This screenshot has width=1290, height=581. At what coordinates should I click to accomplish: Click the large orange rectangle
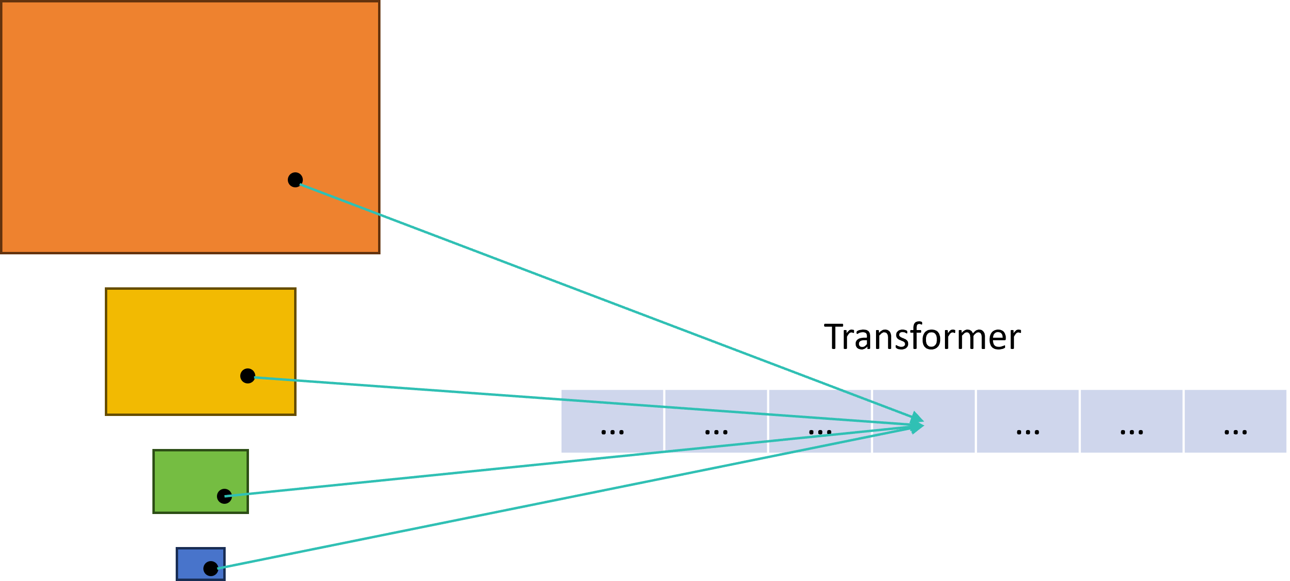(x=150, y=100)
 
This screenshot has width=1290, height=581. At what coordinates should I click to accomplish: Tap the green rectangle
(x=185, y=471)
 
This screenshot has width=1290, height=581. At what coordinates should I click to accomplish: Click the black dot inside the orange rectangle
(x=295, y=179)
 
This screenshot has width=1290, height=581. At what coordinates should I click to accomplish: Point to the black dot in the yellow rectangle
(x=248, y=376)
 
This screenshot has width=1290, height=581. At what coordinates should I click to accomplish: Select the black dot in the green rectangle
(x=224, y=496)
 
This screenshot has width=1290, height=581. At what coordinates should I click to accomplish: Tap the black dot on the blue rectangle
(x=210, y=568)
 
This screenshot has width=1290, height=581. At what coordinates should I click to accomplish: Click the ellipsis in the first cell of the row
(x=612, y=432)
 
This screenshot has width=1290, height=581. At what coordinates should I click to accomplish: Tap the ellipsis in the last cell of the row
(x=1236, y=432)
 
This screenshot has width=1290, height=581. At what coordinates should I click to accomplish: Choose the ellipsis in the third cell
(x=820, y=432)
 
